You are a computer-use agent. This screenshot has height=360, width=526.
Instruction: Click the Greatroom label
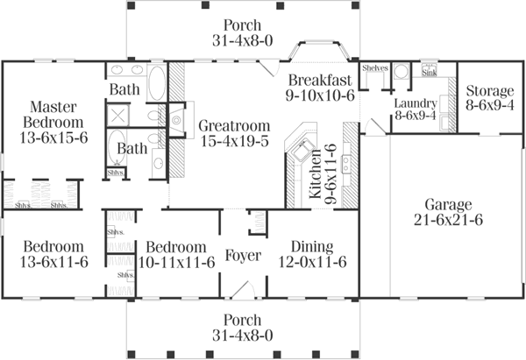pyautogui.click(x=225, y=124)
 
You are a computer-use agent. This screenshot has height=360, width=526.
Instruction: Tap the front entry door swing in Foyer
pyautogui.click(x=247, y=287)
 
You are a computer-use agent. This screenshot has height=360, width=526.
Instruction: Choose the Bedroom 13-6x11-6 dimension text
pyautogui.click(x=53, y=263)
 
